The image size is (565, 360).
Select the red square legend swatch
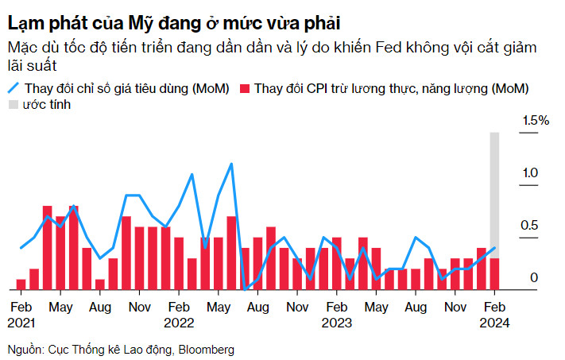pyautogui.click(x=244, y=88)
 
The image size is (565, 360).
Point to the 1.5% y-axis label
pyautogui.click(x=534, y=120)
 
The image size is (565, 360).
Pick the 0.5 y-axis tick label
pyautogui.click(x=528, y=226)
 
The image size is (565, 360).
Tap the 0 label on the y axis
pyautogui.click(x=535, y=277)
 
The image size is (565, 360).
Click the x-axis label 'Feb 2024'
pyautogui.click(x=494, y=314)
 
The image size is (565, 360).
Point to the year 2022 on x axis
pyautogui.click(x=179, y=323)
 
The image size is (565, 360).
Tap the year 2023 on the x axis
pyautogui.click(x=336, y=323)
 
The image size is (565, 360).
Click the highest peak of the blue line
pyautogui.click(x=231, y=164)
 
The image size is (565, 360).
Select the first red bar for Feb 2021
pyautogui.click(x=21, y=285)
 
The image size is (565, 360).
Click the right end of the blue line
pyautogui.click(x=494, y=248)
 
